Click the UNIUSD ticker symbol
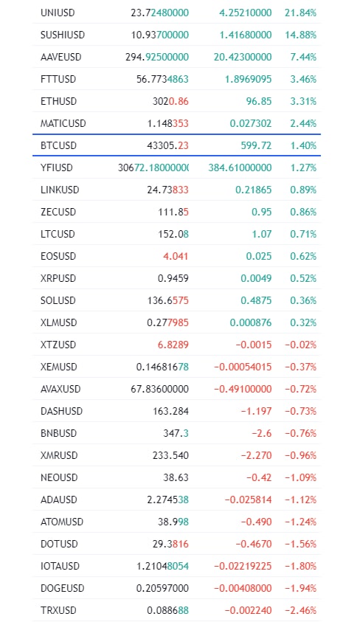pos(58,13)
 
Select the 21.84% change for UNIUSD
pos(300,13)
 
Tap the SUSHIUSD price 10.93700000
pos(160,35)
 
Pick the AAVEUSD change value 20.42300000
pos(243,57)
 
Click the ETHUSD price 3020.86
pos(170,101)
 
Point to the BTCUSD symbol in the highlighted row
pos(58,145)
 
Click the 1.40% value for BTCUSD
pos(303,145)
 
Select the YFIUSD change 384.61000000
pos(240,167)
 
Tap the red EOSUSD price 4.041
pos(176,256)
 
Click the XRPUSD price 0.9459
pos(173,278)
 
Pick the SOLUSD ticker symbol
pos(58,301)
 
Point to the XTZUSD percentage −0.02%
pos(300,345)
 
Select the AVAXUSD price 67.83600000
pos(160,389)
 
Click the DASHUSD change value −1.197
pos(256,412)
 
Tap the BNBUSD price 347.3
pos(176,433)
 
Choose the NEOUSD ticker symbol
pos(59,477)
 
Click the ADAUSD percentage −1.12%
pos(300,500)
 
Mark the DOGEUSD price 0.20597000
pos(162,588)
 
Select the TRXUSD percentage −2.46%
pos(300,610)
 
